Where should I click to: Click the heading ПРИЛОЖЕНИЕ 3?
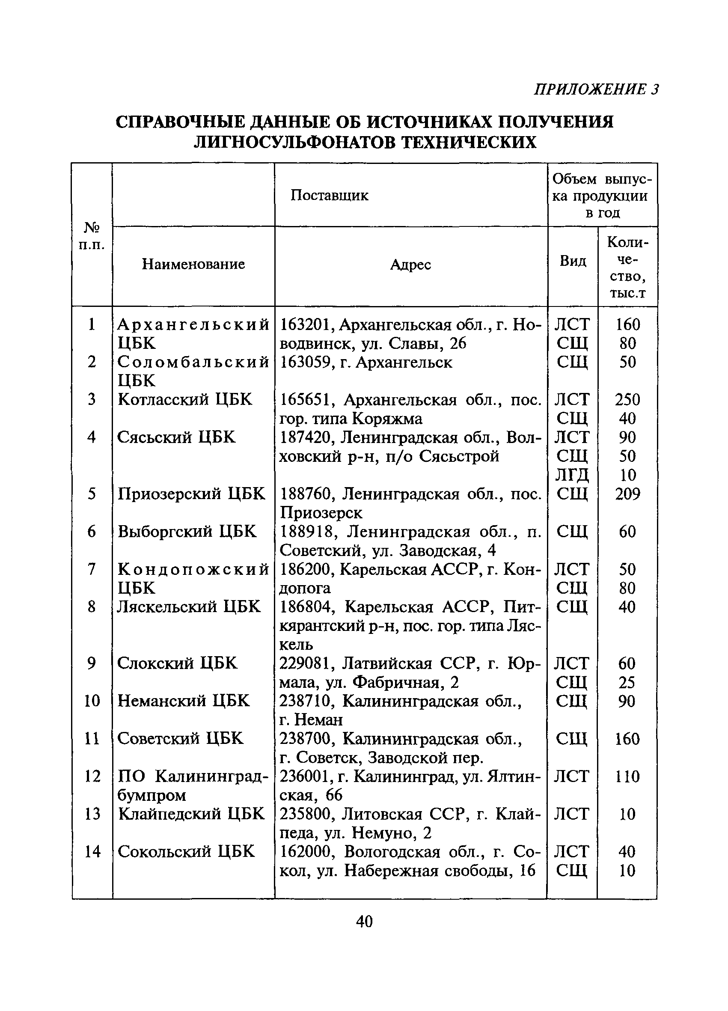point(596,89)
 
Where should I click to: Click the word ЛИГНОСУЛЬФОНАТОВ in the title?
point(295,142)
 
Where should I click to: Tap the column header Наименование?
point(193,264)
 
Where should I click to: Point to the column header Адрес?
point(410,265)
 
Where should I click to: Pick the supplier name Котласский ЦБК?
point(184,399)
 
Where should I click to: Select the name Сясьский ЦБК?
point(176,437)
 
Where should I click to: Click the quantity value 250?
point(627,399)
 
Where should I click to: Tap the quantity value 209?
point(627,494)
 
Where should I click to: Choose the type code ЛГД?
point(572,475)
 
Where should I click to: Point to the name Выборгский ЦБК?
point(187,531)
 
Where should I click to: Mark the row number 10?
point(92,701)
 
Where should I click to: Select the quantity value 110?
point(627,776)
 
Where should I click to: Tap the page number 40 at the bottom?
point(364,921)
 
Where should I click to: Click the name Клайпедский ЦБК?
point(191,814)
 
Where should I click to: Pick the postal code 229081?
point(306,664)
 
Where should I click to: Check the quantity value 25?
point(627,682)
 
